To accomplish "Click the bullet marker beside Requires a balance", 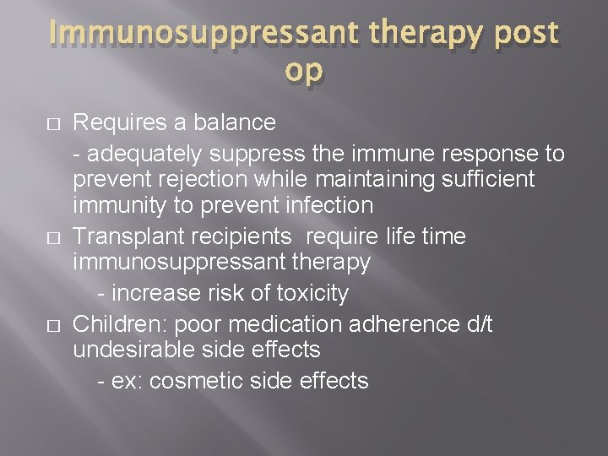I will pyautogui.click(x=53, y=123).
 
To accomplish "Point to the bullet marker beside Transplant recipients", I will pyautogui.click(x=53, y=237).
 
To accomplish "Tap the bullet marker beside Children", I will pyautogui.click(x=53, y=325).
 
